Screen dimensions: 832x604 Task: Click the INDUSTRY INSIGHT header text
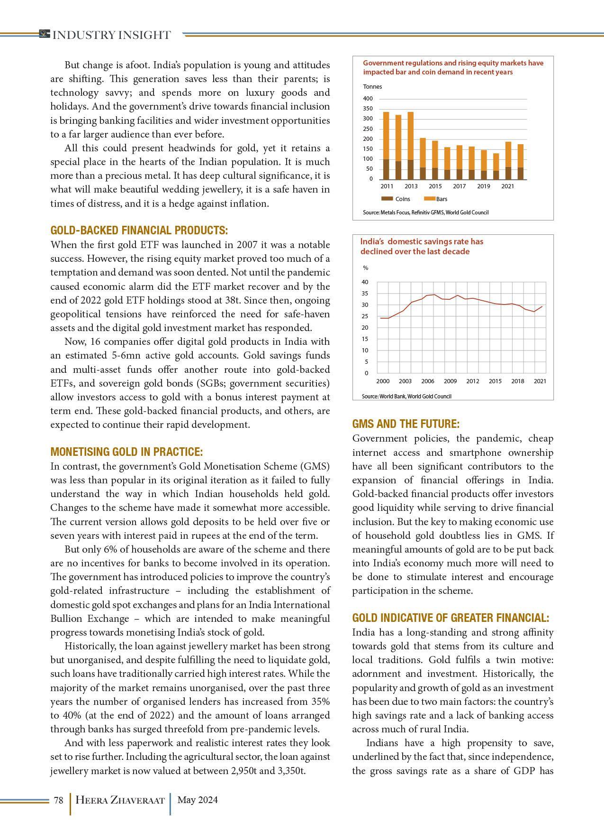[x=111, y=35]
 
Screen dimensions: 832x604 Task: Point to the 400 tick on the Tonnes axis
[x=368, y=99]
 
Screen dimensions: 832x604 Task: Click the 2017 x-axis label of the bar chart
[x=459, y=186]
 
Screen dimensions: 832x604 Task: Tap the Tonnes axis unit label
[x=372, y=87]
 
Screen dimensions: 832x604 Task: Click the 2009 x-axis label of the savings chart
[x=450, y=381]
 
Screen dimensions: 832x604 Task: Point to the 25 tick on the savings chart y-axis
[x=365, y=316]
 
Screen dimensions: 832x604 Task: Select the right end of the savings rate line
[x=542, y=306]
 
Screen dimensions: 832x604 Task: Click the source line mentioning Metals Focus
[x=425, y=213]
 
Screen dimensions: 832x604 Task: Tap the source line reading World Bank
[x=406, y=397]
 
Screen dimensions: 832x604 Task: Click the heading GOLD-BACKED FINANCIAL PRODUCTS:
[x=139, y=231]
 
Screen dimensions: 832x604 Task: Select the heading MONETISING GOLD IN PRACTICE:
[x=126, y=452]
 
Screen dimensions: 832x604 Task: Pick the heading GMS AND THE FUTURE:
[x=406, y=424]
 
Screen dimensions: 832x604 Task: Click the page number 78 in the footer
[x=58, y=801]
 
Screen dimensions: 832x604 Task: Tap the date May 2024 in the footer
[x=198, y=800]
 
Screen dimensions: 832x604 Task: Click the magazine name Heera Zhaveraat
[x=120, y=801]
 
